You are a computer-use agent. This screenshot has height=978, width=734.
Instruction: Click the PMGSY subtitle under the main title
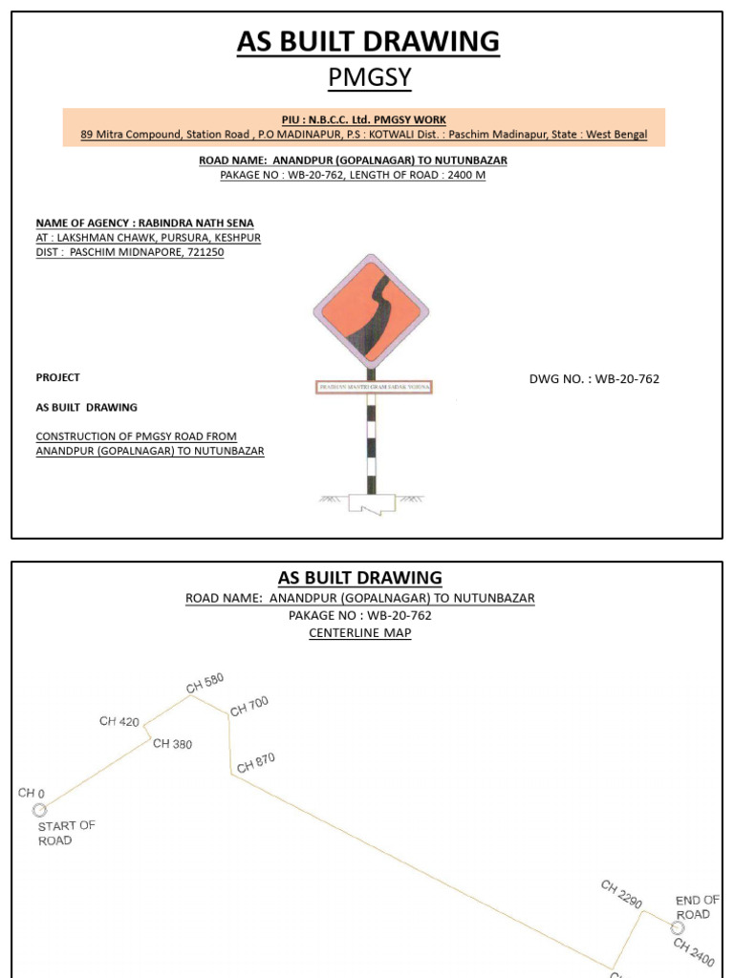[369, 77]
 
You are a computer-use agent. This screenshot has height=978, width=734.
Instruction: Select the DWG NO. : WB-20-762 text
[594, 379]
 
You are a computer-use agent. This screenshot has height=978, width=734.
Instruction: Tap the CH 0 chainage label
[32, 793]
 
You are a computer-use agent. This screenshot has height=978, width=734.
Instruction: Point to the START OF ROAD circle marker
[39, 810]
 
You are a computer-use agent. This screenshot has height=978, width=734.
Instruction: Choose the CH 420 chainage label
[119, 721]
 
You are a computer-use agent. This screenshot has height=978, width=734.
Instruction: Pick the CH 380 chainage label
[172, 744]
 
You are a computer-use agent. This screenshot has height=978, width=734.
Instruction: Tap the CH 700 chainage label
[249, 706]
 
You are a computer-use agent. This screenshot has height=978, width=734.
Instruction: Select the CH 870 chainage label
[256, 762]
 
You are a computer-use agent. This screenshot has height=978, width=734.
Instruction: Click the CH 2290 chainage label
[621, 894]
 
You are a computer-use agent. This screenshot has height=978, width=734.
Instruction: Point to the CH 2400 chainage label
[694, 951]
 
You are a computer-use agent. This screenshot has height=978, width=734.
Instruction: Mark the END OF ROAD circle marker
[678, 927]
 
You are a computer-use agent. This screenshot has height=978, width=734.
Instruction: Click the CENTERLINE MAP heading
[360, 633]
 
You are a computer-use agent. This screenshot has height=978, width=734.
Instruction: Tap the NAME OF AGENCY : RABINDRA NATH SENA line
[145, 223]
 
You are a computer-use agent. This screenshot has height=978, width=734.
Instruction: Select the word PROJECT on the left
[58, 377]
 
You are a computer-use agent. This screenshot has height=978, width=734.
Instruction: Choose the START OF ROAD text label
[66, 833]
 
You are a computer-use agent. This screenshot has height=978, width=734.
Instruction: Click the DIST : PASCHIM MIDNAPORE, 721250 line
[130, 252]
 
